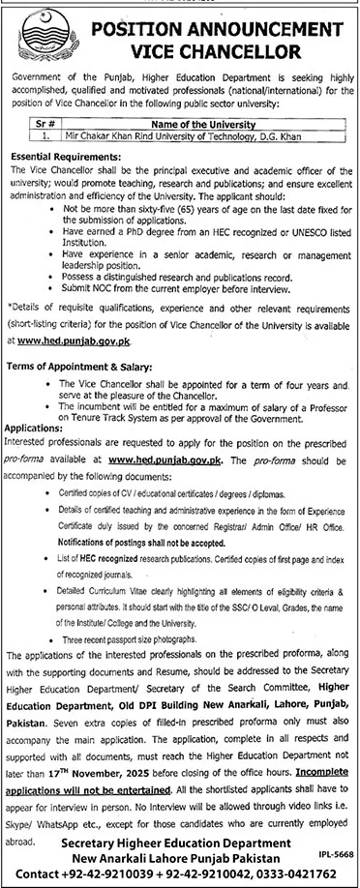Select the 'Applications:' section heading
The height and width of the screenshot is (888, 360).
click(40, 398)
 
